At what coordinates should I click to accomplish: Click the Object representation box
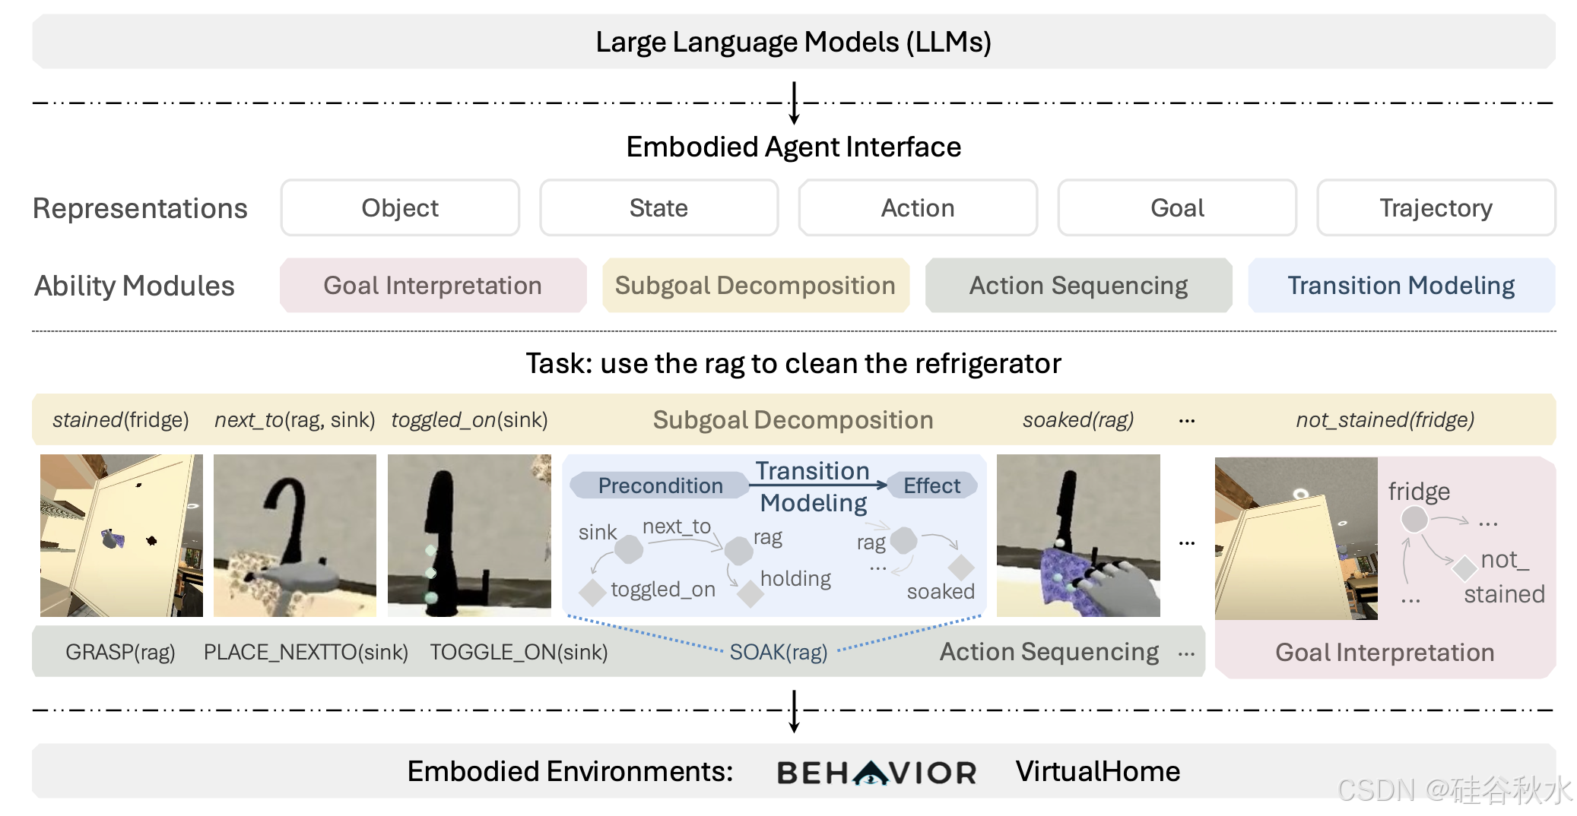click(400, 207)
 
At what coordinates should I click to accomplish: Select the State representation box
click(658, 207)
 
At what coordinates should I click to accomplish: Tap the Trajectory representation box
click(1436, 207)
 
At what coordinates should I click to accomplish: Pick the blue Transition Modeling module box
click(1401, 286)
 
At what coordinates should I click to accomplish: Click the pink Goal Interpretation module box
click(433, 286)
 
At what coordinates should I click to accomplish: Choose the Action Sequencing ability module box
click(1078, 286)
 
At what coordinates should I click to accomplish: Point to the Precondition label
click(660, 485)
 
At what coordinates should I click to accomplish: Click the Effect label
click(931, 485)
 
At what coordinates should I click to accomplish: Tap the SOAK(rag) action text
click(779, 652)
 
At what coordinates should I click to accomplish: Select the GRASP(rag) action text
click(120, 652)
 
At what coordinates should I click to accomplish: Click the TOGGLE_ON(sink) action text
click(519, 652)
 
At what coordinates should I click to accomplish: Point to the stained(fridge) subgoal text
click(120, 419)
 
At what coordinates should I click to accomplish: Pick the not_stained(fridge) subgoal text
click(1385, 419)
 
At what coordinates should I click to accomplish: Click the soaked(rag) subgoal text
click(1077, 419)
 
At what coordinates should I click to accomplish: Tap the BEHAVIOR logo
click(876, 772)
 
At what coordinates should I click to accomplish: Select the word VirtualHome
click(1097, 772)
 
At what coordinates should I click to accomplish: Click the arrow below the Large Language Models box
click(794, 103)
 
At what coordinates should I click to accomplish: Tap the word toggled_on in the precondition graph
click(663, 590)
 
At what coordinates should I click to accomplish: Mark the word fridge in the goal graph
click(1419, 492)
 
